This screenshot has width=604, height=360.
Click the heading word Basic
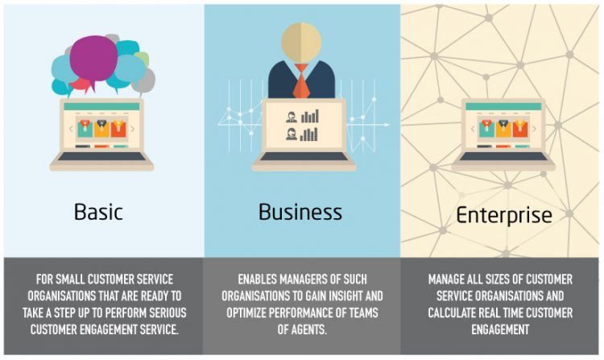(98, 212)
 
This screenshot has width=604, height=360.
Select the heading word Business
(300, 212)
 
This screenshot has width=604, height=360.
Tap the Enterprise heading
(504, 215)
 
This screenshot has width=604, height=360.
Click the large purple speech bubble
(93, 60)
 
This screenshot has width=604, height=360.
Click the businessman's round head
(301, 43)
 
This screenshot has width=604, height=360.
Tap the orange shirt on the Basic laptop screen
(118, 129)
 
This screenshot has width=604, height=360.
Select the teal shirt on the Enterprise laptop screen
(487, 129)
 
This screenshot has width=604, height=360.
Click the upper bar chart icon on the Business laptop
(310, 116)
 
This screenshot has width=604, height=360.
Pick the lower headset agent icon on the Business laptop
(292, 134)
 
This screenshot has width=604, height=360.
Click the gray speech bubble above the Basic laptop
(143, 81)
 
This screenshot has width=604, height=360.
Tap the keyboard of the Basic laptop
(101, 157)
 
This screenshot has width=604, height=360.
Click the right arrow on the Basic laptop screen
(133, 129)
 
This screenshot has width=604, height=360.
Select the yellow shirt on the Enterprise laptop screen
(503, 129)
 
